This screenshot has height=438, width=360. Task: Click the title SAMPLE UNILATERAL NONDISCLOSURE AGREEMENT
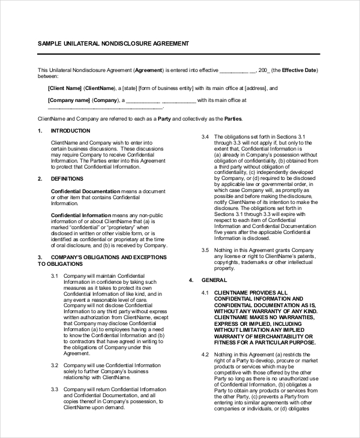click(113, 44)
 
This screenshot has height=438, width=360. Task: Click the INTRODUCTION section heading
click(70, 131)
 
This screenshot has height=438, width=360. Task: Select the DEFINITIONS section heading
click(67, 178)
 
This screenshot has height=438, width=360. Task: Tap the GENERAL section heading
click(214, 280)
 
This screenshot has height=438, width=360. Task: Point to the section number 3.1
click(54, 275)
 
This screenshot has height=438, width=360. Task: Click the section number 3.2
click(54, 365)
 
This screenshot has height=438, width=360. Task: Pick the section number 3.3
click(54, 389)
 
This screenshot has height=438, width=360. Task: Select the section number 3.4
click(205, 137)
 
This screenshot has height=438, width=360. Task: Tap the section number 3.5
click(205, 250)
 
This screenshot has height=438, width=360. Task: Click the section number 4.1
click(205, 292)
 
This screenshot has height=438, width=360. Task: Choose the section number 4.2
click(205, 355)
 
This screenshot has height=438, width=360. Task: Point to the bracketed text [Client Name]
click(64, 88)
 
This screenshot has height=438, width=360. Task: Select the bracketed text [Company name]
click(69, 100)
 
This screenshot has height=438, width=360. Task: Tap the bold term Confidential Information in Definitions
click(81, 214)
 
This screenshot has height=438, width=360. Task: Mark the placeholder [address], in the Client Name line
click(256, 88)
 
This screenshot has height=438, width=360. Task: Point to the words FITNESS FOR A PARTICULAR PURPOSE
click(264, 343)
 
